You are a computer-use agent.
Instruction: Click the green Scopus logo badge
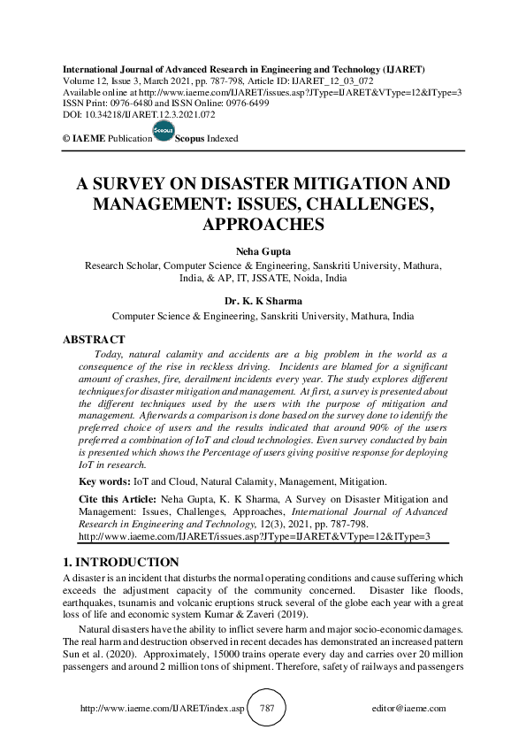point(164,132)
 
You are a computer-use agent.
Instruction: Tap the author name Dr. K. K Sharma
point(262,302)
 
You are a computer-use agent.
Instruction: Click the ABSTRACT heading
point(93,339)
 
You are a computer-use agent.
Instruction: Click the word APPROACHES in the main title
point(262,225)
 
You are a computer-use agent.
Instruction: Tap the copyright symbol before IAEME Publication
point(66,139)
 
